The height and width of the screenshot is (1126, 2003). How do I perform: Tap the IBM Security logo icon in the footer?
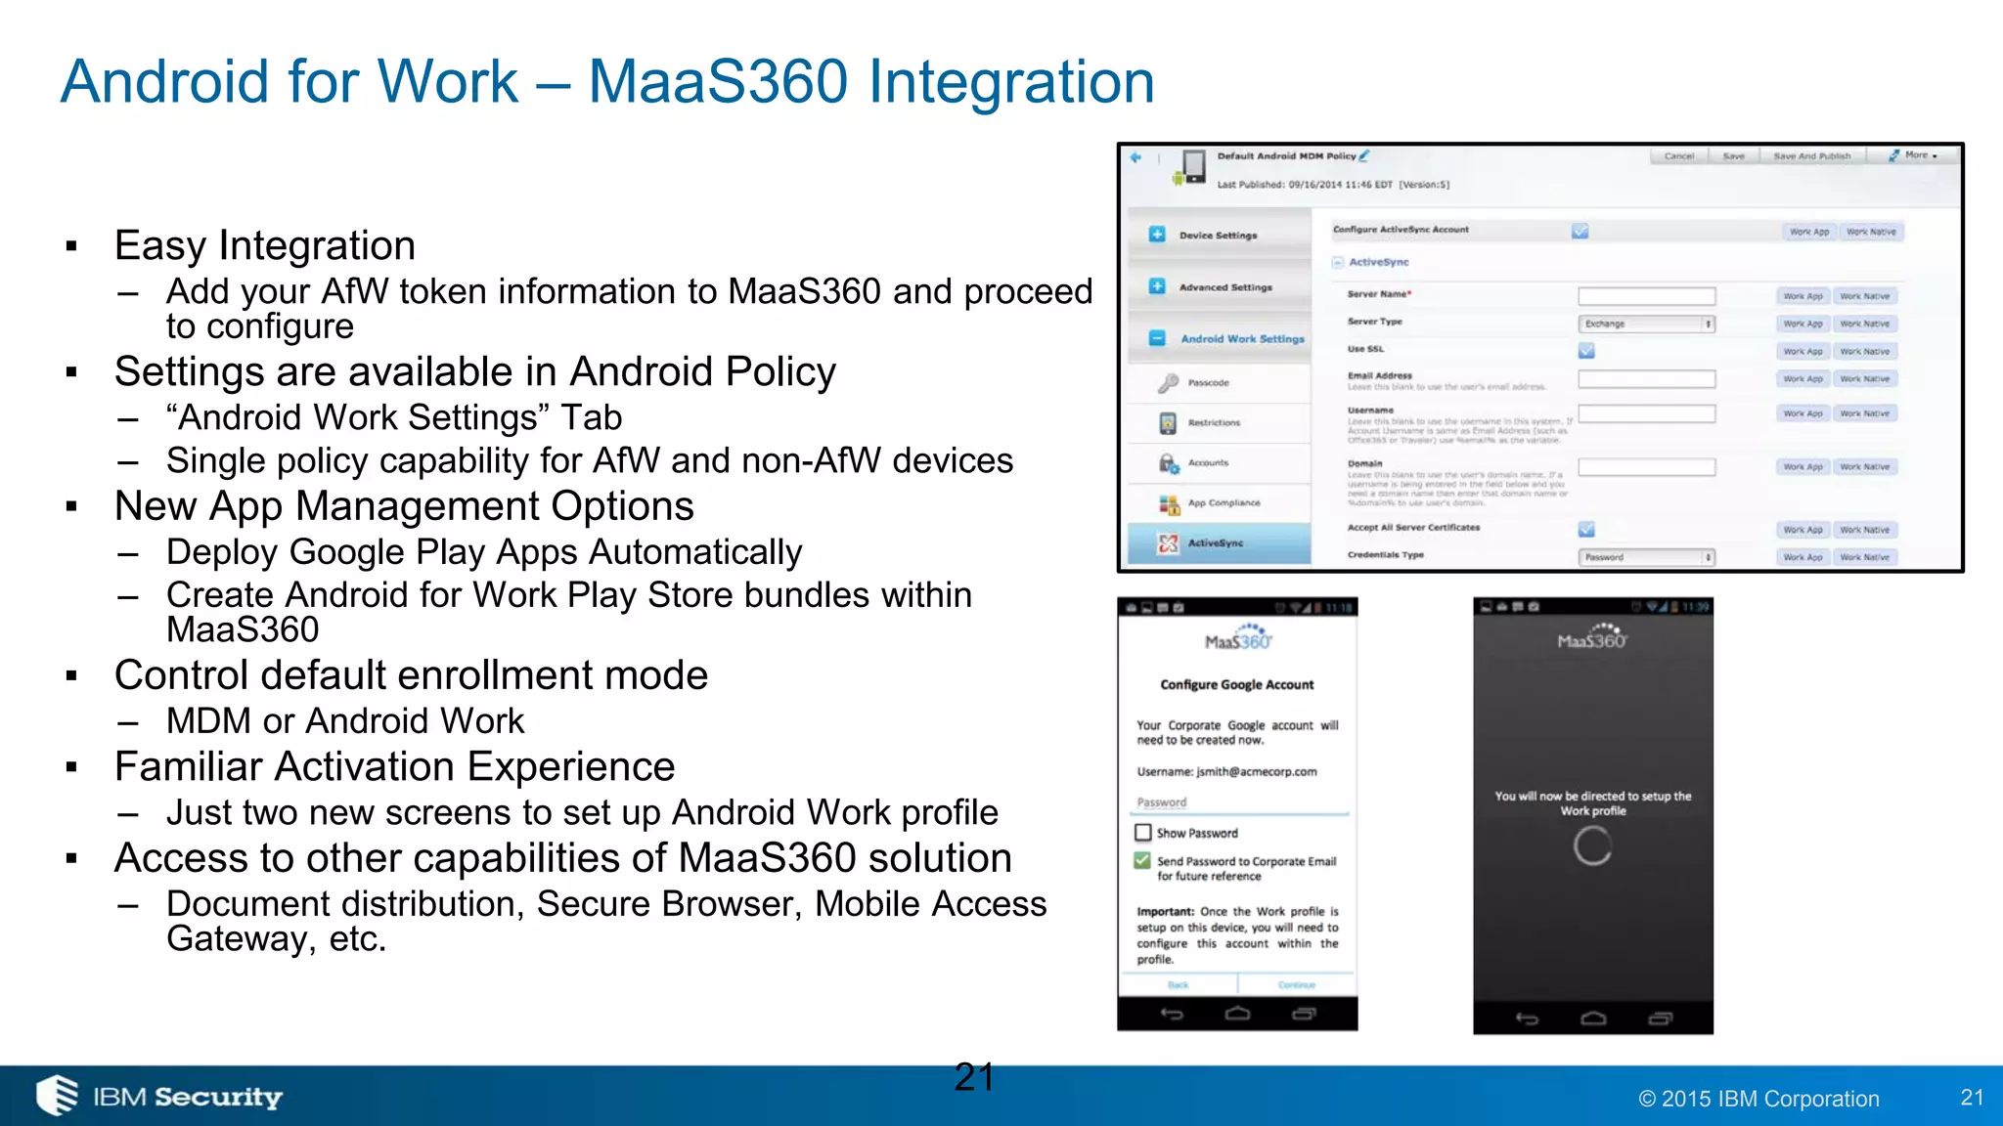pos(58,1095)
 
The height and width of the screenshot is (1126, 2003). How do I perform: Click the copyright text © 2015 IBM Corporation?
pos(1758,1099)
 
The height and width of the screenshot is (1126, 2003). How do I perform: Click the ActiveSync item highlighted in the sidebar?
pos(1216,543)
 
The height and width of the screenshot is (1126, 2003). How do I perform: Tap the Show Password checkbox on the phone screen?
pos(1142,833)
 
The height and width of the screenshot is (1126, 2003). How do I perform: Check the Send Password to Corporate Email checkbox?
pos(1142,861)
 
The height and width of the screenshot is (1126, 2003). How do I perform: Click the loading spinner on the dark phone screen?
pos(1592,845)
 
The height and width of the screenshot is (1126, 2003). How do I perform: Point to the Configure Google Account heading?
pos(1236,685)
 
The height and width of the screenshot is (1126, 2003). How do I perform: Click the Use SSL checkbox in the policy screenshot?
pos(1585,350)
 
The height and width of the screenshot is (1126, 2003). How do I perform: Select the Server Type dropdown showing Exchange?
pos(1647,324)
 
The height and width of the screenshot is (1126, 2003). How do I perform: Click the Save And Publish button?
pos(1811,156)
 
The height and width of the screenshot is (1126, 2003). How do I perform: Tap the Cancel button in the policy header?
pos(1678,156)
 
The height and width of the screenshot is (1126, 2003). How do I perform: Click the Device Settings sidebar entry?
pos(1218,236)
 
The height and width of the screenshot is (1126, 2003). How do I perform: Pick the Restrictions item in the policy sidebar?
pos(1214,423)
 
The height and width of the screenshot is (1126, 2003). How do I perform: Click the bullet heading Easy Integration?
pos(264,245)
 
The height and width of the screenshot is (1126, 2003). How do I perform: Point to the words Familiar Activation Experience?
pos(394,766)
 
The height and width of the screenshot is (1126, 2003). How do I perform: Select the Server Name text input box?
pos(1646,295)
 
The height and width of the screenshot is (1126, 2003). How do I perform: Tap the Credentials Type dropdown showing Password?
pos(1647,557)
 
